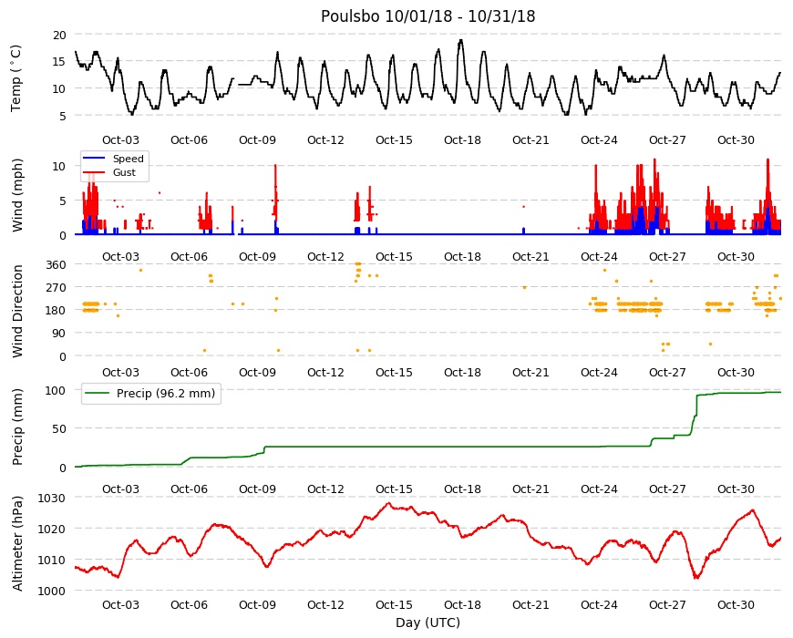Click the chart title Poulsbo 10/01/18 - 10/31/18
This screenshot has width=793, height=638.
427,16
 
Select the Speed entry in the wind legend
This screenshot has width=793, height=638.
128,159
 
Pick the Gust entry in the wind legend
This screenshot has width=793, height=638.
124,172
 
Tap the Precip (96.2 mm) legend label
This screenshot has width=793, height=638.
166,394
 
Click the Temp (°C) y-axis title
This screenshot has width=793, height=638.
16,77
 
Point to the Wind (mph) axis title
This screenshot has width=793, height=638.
17,195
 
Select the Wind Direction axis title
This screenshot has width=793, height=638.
17,312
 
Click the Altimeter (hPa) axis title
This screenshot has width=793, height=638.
17,543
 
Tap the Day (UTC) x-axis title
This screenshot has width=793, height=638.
427,623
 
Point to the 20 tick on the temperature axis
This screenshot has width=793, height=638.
59,35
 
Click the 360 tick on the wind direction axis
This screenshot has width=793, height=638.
57,265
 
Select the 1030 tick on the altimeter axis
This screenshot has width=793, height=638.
52,499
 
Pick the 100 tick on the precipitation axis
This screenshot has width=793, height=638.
57,390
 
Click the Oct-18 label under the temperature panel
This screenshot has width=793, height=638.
462,140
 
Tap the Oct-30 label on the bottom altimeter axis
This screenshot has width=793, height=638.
736,605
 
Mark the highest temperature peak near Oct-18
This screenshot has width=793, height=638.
460,40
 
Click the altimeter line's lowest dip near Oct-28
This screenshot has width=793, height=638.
696,578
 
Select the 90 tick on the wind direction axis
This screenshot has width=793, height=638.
59,334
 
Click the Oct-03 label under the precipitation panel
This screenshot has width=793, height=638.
120,489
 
